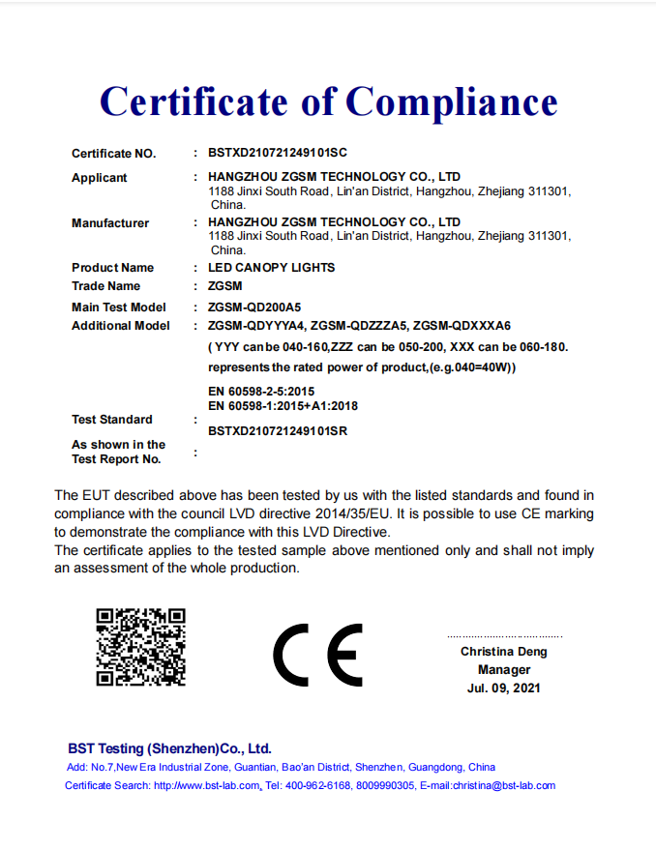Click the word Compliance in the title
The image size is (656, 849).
tap(452, 102)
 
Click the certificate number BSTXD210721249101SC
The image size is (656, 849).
tap(278, 154)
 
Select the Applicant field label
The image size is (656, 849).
tap(99, 178)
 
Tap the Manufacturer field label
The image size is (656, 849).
tap(110, 223)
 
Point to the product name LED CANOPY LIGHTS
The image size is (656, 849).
tap(272, 268)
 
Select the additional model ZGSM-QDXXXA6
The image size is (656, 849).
tap(462, 326)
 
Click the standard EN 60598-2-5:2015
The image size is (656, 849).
tap(261, 392)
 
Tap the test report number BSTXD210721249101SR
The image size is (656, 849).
tap(278, 431)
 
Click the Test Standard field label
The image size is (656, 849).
tap(111, 420)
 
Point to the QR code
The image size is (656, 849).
tap(140, 647)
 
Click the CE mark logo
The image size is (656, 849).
tap(317, 654)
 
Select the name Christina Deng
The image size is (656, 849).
tap(503, 652)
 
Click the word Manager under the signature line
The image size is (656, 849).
tap(503, 670)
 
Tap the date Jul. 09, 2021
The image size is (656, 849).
tap(503, 688)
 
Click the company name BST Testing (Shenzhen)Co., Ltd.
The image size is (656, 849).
tap(169, 748)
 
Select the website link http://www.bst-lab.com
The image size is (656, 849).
tap(207, 785)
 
